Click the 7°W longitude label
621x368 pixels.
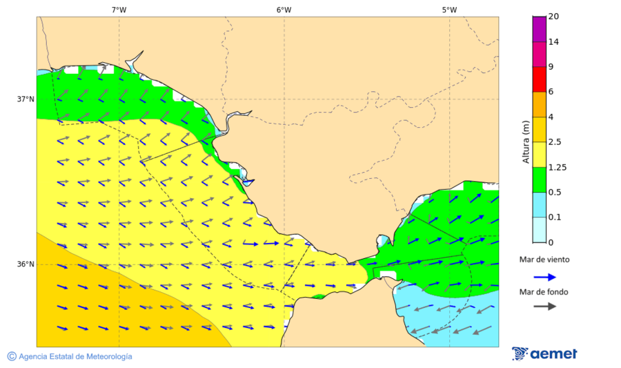[119, 10]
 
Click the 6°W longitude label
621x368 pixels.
[284, 10]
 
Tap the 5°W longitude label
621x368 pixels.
[449, 10]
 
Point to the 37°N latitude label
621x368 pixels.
[26, 99]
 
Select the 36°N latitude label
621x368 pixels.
[26, 264]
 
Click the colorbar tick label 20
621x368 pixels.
[553, 17]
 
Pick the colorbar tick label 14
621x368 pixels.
[553, 41]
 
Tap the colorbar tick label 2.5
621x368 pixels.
[554, 142]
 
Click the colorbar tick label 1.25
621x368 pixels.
[556, 167]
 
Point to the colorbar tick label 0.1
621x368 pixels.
[554, 217]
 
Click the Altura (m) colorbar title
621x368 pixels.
[526, 142]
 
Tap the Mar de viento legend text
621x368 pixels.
[544, 260]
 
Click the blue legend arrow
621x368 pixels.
[545, 276]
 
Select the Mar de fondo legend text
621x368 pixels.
[544, 292]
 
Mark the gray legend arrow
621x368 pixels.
[545, 306]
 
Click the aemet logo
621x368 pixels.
[544, 354]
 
